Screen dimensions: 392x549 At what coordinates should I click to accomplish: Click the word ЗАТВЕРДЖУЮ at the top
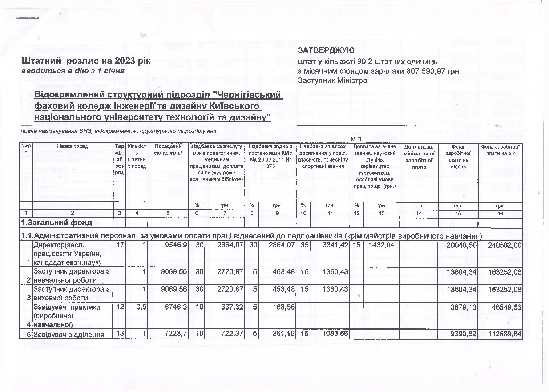point(326,50)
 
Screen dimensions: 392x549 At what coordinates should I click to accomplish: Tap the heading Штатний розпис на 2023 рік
point(86,61)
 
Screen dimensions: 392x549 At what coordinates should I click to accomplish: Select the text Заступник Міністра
point(332,81)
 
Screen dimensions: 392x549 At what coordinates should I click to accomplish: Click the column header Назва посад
point(72,146)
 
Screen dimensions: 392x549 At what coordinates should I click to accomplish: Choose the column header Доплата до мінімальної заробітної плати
point(419,157)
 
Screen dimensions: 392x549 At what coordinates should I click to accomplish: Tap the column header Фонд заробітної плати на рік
point(500,150)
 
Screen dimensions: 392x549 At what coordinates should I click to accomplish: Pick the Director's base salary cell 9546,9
point(176,245)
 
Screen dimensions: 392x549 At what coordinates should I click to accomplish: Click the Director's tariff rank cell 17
point(120,245)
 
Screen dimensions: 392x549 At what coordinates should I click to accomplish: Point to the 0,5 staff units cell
point(141,307)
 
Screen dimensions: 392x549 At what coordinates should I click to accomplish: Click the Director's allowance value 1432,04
point(381,245)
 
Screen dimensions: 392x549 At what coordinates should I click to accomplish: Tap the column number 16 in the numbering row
point(500,214)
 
